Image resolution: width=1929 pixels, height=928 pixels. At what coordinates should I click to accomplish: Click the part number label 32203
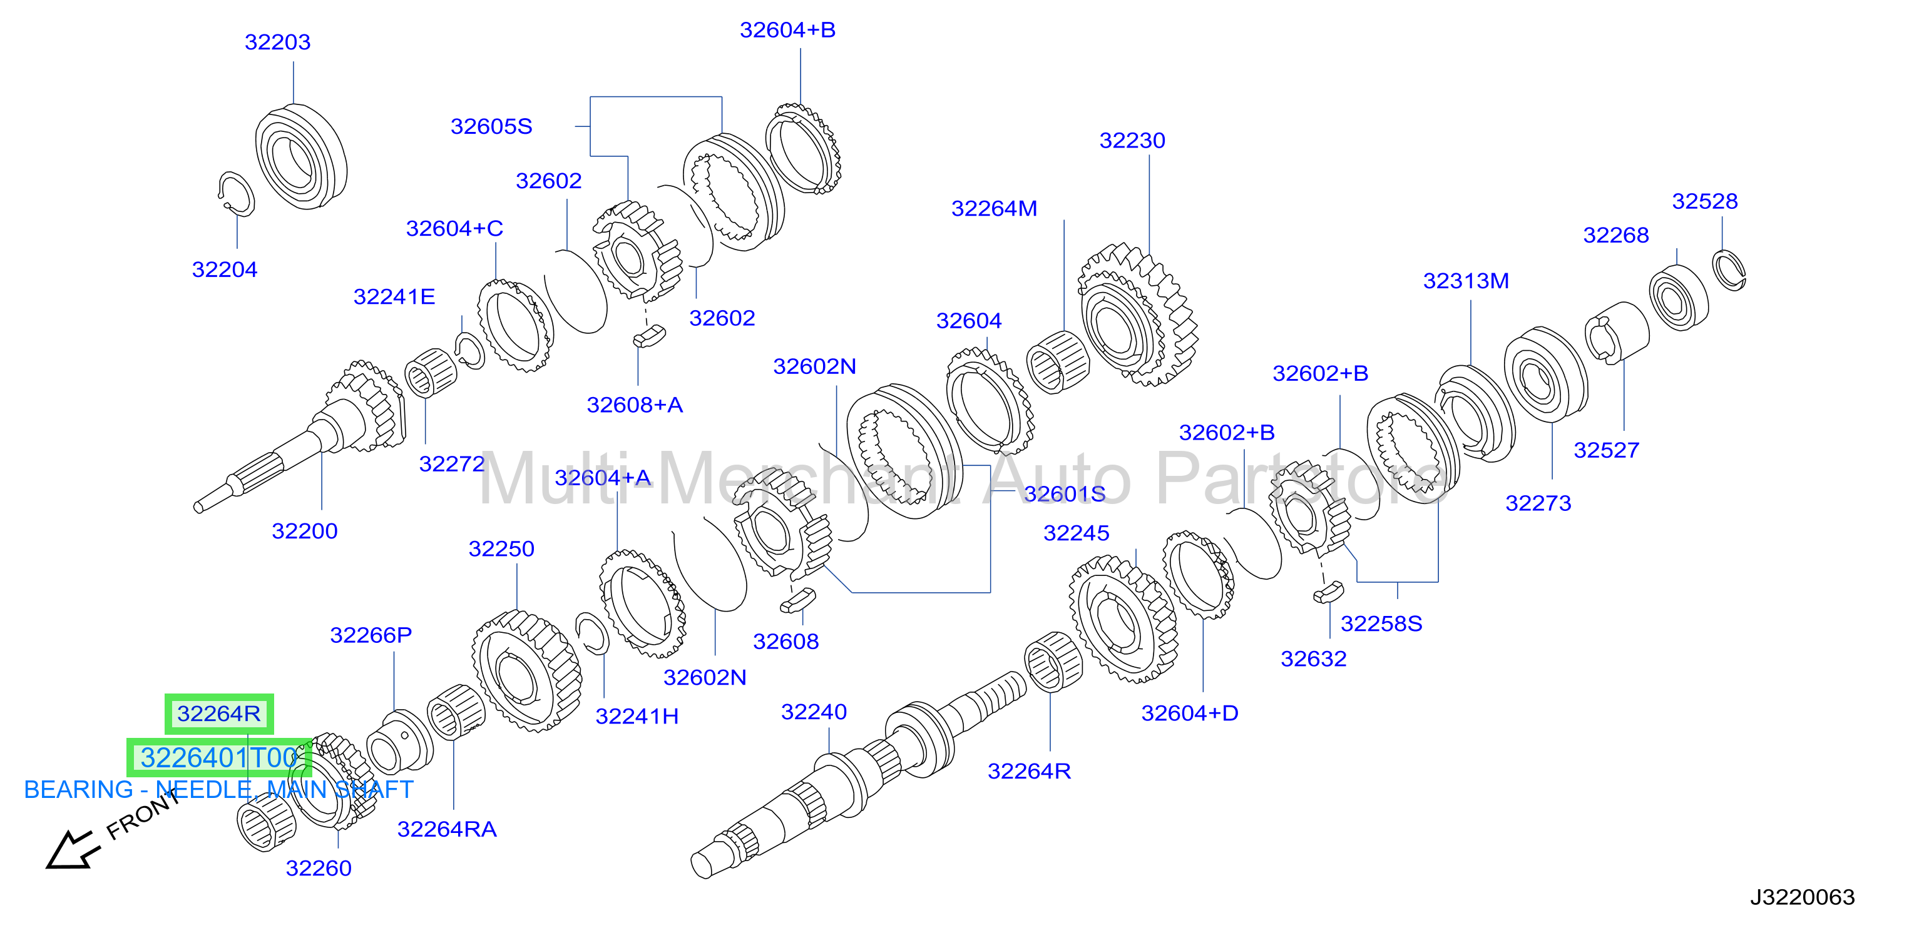pos(277,42)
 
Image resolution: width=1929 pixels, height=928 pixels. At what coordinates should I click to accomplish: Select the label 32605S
pos(491,126)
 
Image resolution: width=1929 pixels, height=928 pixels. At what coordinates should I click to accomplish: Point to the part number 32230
pos(1132,140)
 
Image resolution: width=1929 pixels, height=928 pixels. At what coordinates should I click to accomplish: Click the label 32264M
pos(994,208)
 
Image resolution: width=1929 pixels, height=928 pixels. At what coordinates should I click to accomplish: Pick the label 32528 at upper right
pos(1704,201)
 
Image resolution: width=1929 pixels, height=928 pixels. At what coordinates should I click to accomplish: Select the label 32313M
pos(1465,281)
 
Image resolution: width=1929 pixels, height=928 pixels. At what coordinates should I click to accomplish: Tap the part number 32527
pos(1606,450)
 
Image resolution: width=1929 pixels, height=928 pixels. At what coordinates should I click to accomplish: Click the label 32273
pos(1538,503)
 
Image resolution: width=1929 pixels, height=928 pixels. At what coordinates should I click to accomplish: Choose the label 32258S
pos(1381,623)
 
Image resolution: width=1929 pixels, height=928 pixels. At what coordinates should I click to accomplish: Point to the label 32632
pos(1314,658)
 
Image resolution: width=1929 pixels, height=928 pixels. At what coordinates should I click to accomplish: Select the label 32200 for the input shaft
pos(305,531)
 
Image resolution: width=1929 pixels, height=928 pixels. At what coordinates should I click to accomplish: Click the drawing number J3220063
pos(1802,897)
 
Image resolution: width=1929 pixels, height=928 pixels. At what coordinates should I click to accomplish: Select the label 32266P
pos(371,635)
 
